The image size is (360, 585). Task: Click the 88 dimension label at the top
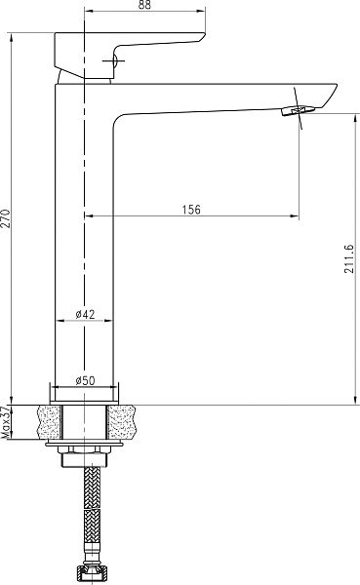click(144, 5)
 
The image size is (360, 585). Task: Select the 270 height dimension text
click(6, 218)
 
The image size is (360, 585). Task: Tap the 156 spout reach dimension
click(191, 210)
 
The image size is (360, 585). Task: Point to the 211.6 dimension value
click(349, 259)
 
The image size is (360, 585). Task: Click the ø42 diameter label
click(85, 314)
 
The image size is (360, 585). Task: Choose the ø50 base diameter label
click(85, 380)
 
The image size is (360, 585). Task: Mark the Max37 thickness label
click(6, 422)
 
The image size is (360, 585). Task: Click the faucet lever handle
click(130, 55)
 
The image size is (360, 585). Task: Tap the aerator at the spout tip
click(298, 110)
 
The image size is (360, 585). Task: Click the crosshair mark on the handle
click(113, 61)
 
